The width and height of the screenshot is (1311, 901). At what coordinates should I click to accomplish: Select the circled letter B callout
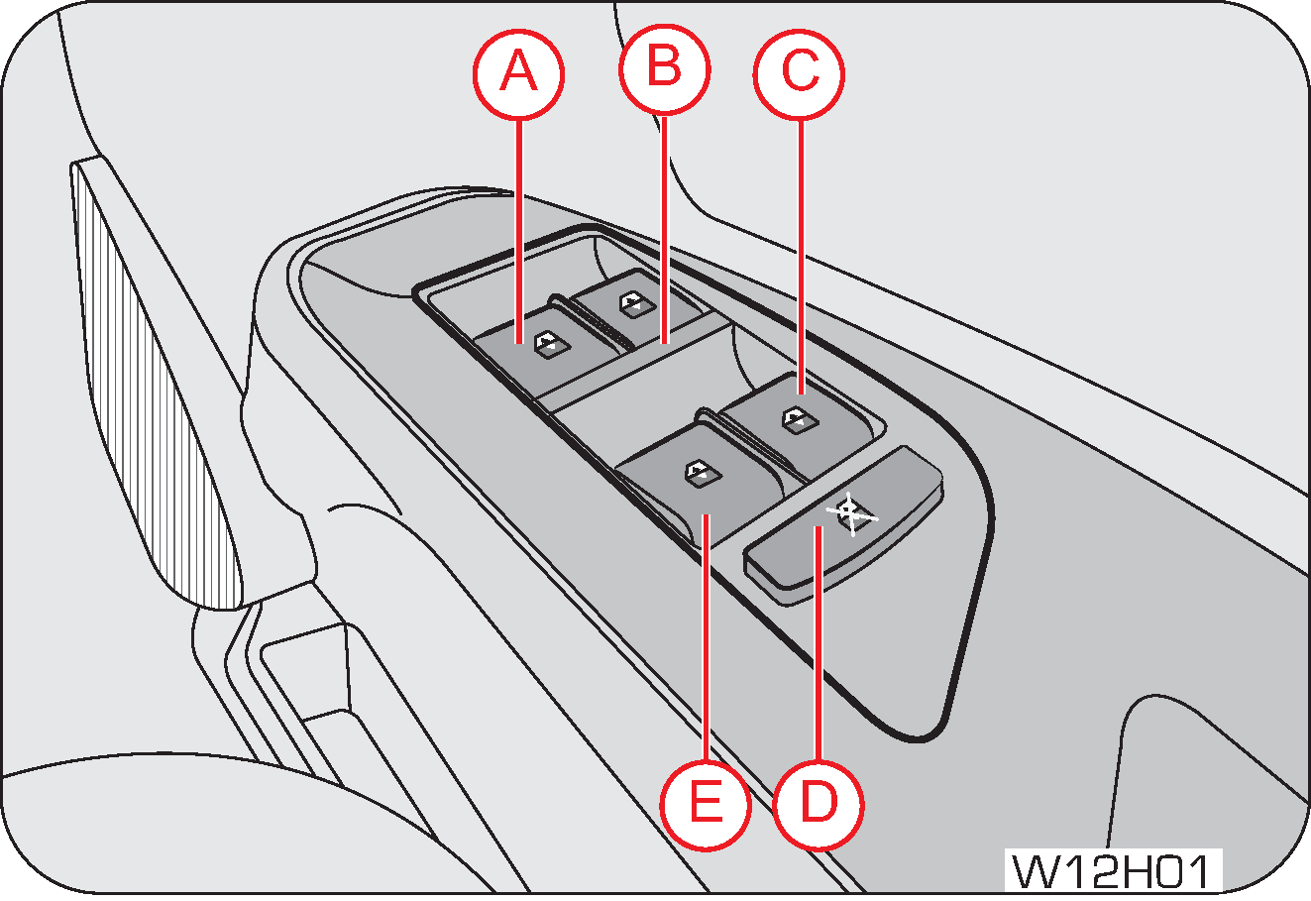(x=665, y=70)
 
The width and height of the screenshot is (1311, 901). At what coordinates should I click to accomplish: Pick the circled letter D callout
(x=818, y=803)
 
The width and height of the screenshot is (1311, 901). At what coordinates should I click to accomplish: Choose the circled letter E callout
(x=705, y=803)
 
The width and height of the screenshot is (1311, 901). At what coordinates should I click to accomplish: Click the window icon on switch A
(x=548, y=343)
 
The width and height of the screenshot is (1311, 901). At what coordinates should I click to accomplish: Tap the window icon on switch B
(x=632, y=302)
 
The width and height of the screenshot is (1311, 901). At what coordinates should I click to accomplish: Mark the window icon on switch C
(x=796, y=417)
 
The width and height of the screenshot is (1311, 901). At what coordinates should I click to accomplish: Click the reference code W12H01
(x=1113, y=872)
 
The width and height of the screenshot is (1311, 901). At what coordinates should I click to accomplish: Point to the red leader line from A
(x=519, y=228)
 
